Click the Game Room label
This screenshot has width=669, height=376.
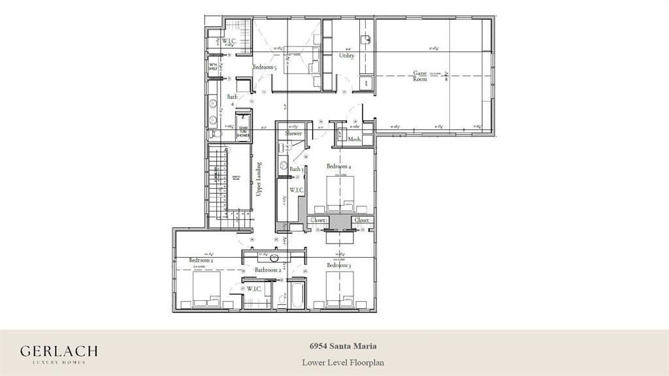[x=419, y=76]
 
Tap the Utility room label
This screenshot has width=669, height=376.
[x=346, y=56]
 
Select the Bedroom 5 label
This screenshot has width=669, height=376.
[x=265, y=67]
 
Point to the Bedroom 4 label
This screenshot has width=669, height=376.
[x=339, y=166]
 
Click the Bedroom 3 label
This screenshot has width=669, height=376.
[x=339, y=266]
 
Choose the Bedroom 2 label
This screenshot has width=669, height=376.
[x=202, y=260]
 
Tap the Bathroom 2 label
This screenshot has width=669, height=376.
[x=268, y=270]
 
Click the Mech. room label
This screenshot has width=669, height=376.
[x=355, y=139]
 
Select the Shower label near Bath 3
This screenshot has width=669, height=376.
[x=293, y=133]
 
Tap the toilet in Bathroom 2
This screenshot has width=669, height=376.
[x=282, y=300]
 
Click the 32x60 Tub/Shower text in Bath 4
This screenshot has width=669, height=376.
[x=244, y=129]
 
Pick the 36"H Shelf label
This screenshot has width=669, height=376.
[x=213, y=66]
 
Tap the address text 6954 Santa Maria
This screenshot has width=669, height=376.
[x=334, y=346]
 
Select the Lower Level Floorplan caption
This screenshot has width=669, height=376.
[x=334, y=361]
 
